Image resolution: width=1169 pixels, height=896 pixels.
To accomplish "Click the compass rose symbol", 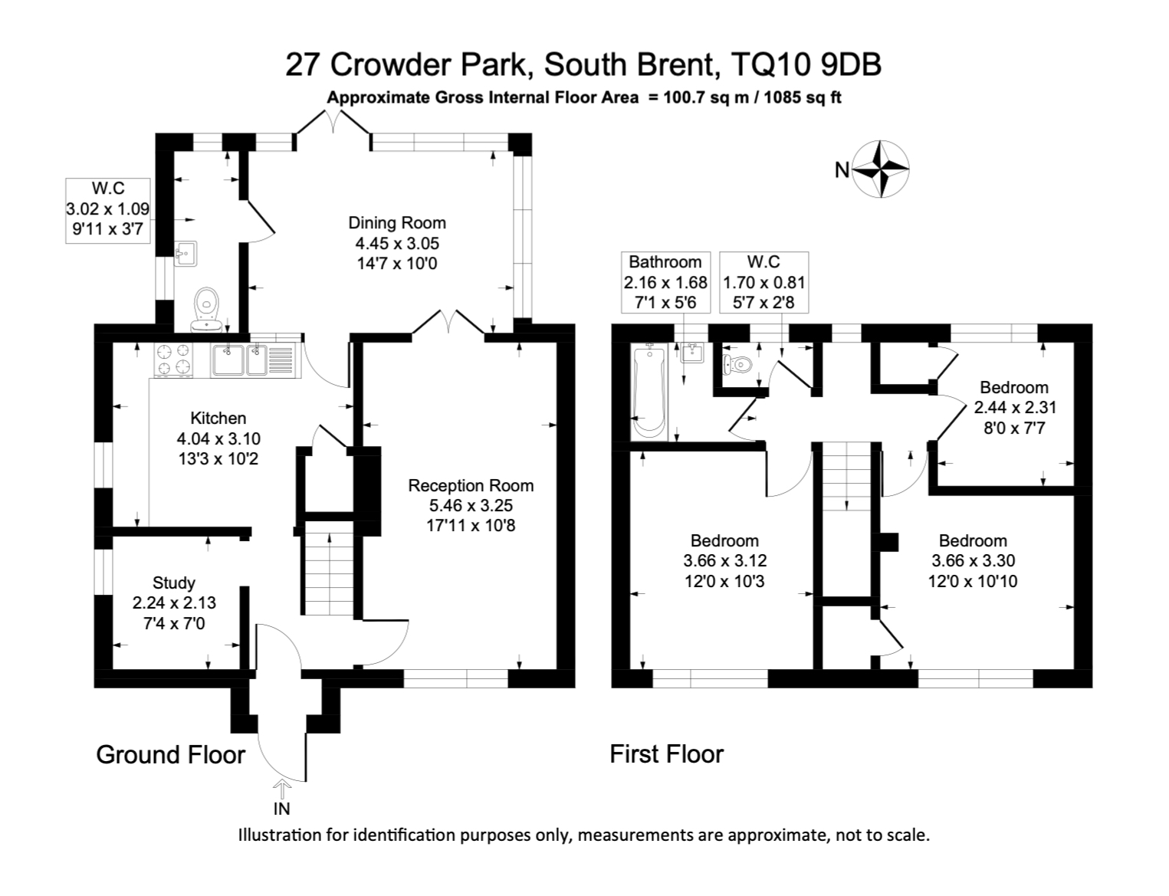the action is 882,169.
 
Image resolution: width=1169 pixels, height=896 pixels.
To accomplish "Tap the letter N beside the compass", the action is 842,170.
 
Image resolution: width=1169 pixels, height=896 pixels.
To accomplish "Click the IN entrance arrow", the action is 282,789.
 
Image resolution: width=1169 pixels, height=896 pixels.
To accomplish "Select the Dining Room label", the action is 396,223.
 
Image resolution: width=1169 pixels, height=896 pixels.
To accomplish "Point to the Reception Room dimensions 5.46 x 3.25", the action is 471,505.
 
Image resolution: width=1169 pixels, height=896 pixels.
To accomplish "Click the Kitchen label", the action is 218,418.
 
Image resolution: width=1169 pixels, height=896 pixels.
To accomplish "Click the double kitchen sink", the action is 240,360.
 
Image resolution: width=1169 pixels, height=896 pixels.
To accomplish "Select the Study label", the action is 173,583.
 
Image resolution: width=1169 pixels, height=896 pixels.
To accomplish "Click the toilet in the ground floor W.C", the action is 205,307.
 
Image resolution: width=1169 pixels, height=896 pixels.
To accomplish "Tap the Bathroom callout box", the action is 665,282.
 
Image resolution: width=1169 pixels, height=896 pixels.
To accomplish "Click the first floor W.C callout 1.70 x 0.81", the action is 764,282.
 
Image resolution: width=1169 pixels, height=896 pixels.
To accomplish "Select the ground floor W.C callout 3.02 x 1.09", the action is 107,208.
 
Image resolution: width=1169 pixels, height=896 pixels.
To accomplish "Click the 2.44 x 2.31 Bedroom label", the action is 1013,388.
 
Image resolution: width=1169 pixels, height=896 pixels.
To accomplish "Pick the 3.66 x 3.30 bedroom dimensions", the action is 973,561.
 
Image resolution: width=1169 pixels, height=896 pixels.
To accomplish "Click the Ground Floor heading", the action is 170,755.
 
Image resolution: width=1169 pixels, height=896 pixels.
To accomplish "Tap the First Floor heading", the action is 666,754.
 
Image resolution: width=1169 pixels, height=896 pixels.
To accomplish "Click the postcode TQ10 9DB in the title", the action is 806,65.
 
